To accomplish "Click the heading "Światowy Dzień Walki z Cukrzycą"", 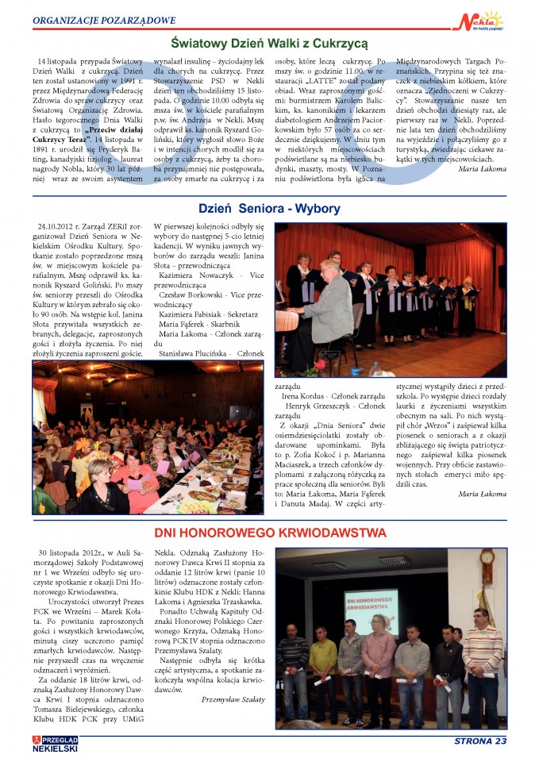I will click(x=269, y=42).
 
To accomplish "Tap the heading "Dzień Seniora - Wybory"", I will click(x=269, y=209).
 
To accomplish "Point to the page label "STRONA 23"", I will click(x=479, y=741).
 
